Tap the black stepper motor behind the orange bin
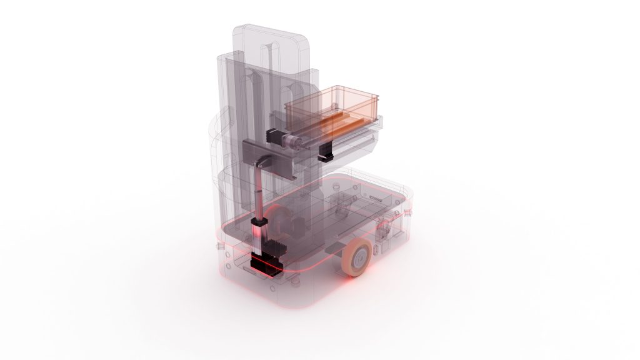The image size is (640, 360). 274,136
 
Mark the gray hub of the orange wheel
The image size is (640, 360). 361,257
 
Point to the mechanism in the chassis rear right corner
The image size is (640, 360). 384,228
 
